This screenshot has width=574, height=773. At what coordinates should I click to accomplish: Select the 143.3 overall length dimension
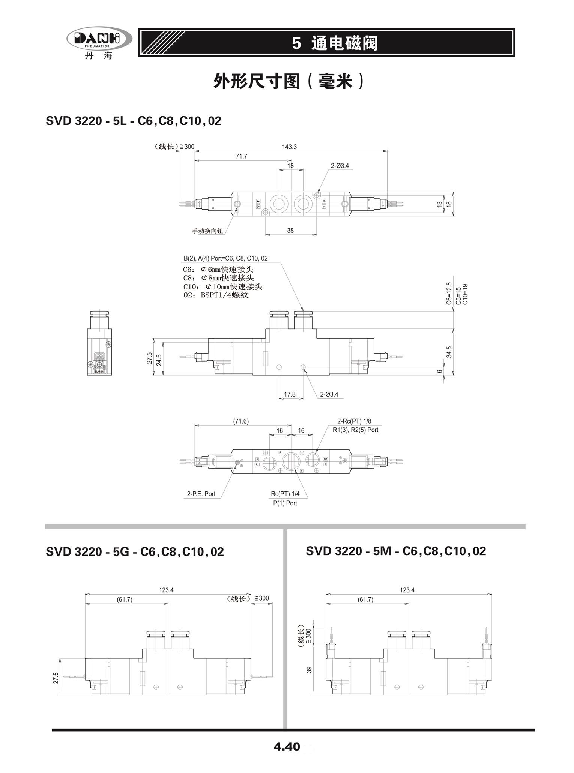click(289, 147)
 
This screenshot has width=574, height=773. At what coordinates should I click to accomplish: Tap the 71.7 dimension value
click(241, 156)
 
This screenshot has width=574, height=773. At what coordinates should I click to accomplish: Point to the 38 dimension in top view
click(290, 231)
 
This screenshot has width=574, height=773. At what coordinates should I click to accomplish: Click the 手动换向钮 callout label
click(207, 231)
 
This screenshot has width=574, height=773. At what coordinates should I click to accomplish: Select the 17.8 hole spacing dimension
click(290, 394)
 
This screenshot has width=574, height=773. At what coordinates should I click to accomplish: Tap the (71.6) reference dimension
click(241, 421)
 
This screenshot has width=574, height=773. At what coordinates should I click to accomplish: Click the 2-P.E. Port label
click(201, 494)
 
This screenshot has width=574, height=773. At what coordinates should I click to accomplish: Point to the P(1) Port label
click(285, 503)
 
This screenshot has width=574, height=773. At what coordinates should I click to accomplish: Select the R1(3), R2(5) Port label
click(355, 430)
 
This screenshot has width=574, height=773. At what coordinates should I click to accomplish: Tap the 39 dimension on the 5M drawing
click(309, 669)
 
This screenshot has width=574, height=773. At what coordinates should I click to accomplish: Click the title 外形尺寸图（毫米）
click(289, 81)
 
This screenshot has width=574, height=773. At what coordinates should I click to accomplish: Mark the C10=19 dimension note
click(465, 294)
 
